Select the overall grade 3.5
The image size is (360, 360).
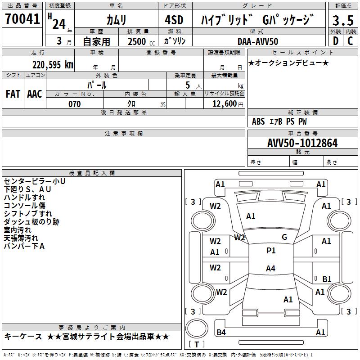pyautogui.click(x=342, y=20)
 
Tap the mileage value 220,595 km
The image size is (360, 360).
pyautogui.click(x=53, y=64)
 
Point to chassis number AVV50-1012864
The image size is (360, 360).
pyautogui.click(x=302, y=143)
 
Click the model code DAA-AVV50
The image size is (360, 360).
pyautogui.click(x=257, y=41)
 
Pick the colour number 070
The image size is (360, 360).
pyautogui.click(x=75, y=104)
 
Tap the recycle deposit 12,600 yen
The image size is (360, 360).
pyautogui.click(x=227, y=104)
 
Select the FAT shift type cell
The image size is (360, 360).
pyautogui.click(x=13, y=94)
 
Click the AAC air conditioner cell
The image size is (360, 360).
pyautogui.click(x=35, y=94)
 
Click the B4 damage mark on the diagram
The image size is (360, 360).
pyautogui.click(x=221, y=333)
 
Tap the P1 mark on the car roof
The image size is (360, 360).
pyautogui.click(x=271, y=251)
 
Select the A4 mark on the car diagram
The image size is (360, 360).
pyautogui.click(x=270, y=269)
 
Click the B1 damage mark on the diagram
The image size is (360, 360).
pyautogui.click(x=327, y=279)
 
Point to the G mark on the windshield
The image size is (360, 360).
pyautogui.click(x=284, y=237)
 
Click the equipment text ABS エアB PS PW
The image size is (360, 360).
pyautogui.click(x=279, y=121)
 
